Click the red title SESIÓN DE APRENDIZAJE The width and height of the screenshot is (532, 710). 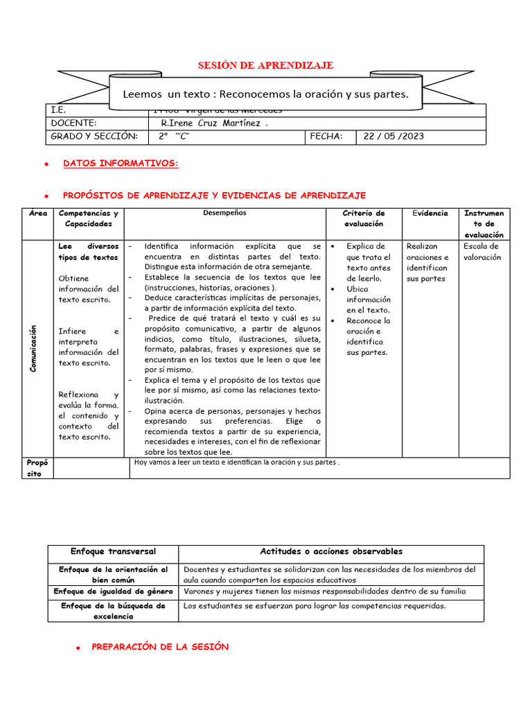[x=266, y=65]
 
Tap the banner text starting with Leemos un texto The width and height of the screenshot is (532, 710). [x=265, y=94]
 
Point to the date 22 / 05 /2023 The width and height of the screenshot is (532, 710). [x=393, y=137]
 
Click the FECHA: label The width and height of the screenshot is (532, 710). [x=326, y=137]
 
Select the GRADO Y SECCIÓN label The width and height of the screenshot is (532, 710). [x=94, y=137]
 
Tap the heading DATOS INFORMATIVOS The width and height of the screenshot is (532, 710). [x=121, y=164]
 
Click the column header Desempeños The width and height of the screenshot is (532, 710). [x=224, y=214]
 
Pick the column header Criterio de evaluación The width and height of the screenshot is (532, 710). [x=364, y=218]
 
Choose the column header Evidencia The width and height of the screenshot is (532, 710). [x=430, y=214]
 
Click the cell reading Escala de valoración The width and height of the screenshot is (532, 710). [x=481, y=252]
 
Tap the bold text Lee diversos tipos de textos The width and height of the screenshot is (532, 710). [x=89, y=252]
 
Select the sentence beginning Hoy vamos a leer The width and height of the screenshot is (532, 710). [x=237, y=462]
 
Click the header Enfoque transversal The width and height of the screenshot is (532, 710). [x=113, y=552]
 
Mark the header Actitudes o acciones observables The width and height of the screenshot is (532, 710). [x=331, y=552]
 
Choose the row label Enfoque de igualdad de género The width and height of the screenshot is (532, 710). [x=113, y=592]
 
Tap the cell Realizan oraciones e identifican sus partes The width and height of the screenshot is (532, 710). [x=427, y=262]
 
